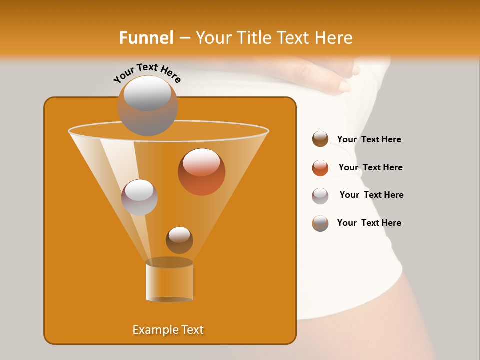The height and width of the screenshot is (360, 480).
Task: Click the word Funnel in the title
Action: (146, 38)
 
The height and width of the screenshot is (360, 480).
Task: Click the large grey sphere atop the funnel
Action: (147, 105)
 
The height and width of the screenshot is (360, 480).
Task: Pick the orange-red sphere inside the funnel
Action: (201, 172)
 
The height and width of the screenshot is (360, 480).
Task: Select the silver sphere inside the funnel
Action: (139, 197)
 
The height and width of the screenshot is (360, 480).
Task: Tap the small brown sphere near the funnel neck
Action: (179, 240)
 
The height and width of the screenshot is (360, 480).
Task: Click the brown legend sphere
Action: (320, 139)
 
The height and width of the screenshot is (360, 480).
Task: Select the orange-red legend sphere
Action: (320, 168)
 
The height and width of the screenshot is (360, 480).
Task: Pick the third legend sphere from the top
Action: (320, 196)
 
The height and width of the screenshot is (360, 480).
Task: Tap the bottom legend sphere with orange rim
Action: (320, 223)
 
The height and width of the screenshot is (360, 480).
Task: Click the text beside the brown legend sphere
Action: (369, 139)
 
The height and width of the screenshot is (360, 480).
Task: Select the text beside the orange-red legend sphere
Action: (370, 167)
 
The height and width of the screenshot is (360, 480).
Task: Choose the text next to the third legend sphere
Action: (371, 195)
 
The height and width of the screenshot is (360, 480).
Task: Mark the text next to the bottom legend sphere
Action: (369, 223)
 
